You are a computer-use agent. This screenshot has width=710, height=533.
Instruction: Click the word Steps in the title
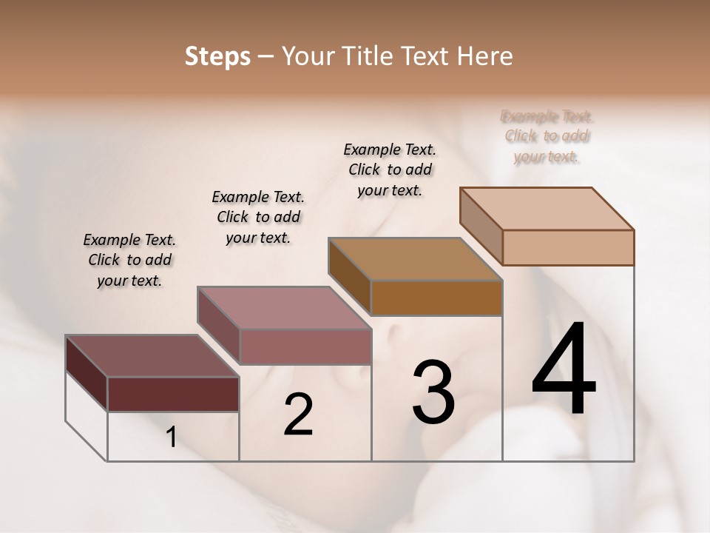tap(217, 56)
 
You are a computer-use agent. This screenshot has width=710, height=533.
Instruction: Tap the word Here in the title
tap(487, 56)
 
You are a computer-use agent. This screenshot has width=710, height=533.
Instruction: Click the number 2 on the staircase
tap(298, 414)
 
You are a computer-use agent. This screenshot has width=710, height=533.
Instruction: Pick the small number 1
tap(172, 438)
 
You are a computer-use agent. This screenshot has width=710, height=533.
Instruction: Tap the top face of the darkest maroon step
tap(152, 356)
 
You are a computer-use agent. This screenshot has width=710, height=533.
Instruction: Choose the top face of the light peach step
tap(547, 209)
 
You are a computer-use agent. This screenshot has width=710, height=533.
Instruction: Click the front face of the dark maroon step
tap(173, 394)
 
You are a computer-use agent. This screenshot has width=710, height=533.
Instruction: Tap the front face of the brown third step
tap(436, 298)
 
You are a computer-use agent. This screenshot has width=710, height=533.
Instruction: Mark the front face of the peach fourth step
tap(568, 247)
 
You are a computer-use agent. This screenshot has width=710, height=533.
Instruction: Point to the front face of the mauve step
tap(305, 346)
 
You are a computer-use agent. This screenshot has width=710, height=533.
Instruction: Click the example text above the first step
tap(129, 260)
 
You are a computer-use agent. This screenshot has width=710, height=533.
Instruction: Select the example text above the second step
tap(258, 217)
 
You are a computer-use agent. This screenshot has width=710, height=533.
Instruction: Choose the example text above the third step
tap(390, 170)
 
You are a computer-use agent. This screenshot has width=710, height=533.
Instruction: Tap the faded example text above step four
tap(547, 136)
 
